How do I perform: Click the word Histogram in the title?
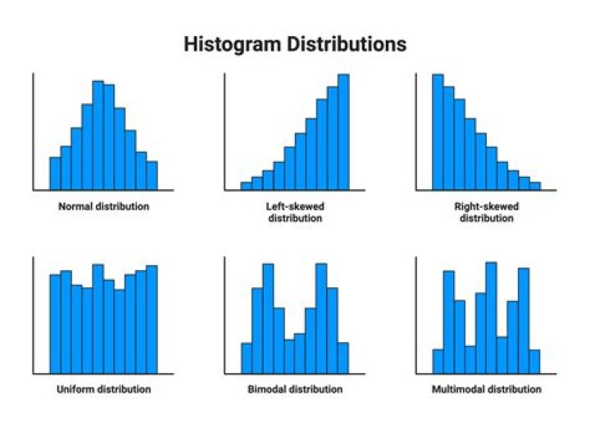[231, 44]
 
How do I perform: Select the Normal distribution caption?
[104, 207]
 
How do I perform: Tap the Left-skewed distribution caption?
[295, 213]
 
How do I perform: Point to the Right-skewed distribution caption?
[486, 213]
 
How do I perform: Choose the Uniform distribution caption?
[104, 389]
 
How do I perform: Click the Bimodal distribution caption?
[295, 389]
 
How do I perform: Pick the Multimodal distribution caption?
[486, 389]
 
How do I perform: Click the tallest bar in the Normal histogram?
[98, 135]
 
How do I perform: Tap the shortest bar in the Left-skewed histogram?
[247, 186]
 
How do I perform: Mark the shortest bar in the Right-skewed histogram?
[535, 186]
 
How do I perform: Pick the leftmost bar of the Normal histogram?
[55, 173]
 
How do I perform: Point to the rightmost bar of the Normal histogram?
[152, 175]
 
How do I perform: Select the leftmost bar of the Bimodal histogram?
[247, 358]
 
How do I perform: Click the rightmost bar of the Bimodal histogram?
[343, 358]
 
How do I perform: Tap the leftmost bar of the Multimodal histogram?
[438, 362]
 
